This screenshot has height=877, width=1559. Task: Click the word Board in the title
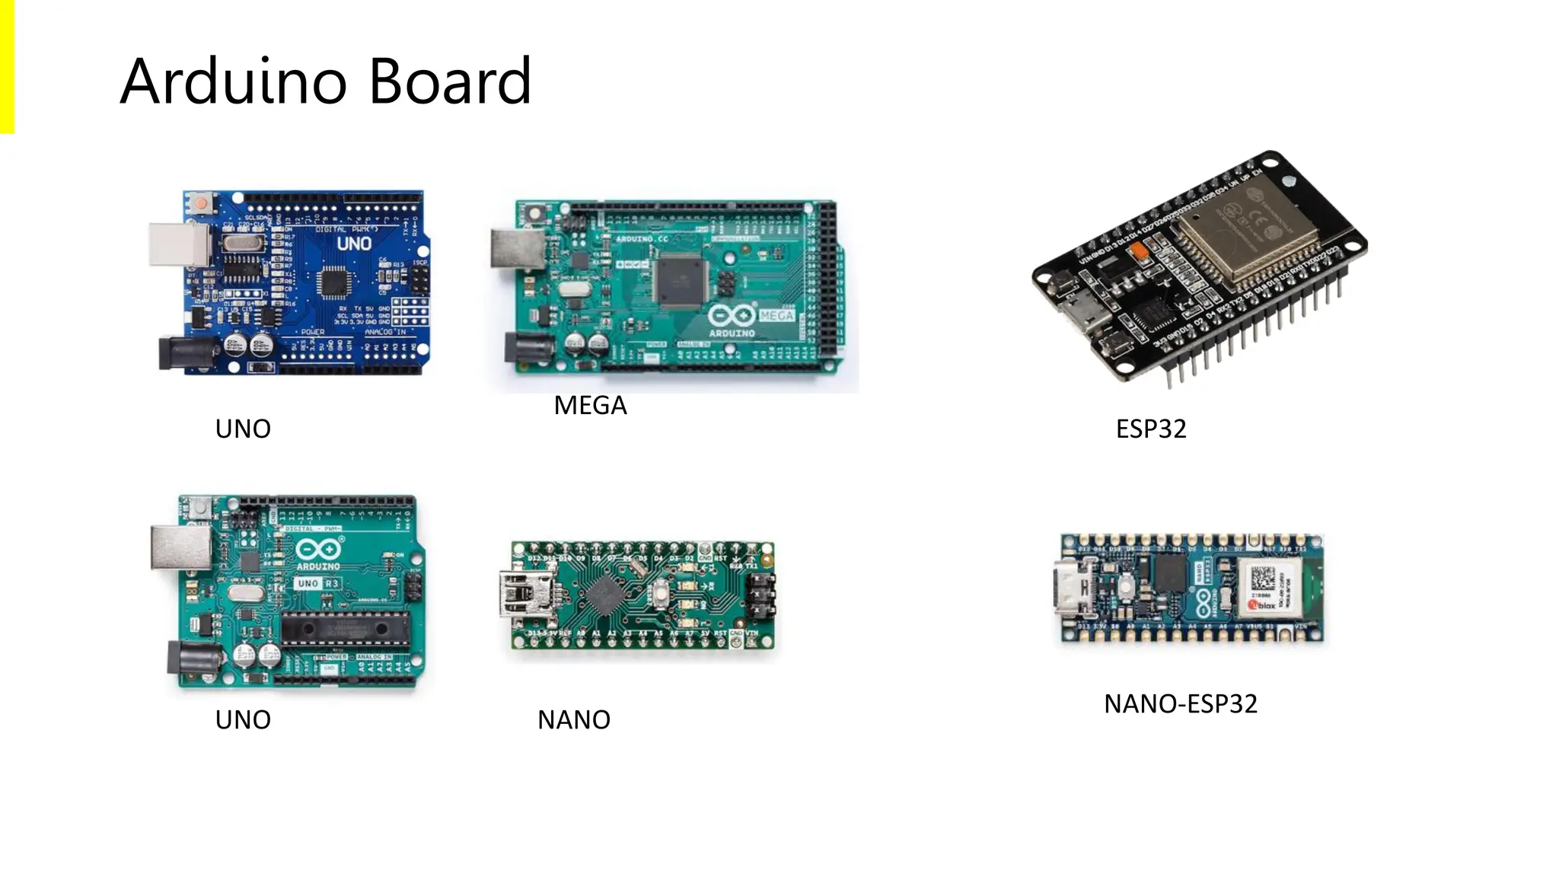[x=451, y=81]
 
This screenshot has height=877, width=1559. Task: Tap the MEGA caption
[x=590, y=406]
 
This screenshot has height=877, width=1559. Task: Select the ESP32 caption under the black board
[x=1150, y=429]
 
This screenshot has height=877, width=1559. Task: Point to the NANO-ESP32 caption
[x=1180, y=704]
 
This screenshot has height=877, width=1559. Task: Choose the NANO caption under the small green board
[x=573, y=720]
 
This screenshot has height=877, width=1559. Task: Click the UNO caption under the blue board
[x=243, y=429]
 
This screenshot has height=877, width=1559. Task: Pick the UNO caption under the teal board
[x=243, y=720]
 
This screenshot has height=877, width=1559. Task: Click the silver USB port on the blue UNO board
[x=179, y=244]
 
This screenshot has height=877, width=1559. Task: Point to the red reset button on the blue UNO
[x=202, y=204]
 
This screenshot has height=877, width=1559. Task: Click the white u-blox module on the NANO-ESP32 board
[x=1266, y=587]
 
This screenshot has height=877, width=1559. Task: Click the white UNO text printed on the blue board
[x=354, y=244]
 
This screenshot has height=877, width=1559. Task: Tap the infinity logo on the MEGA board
[x=732, y=315]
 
